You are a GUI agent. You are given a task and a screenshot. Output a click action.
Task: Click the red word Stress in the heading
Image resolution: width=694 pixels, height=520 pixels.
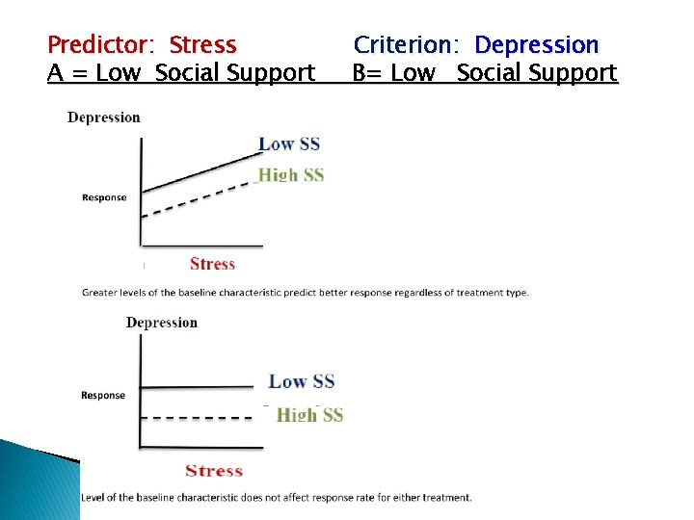(x=202, y=44)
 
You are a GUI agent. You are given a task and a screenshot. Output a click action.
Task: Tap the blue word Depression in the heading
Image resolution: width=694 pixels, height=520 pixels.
(x=537, y=44)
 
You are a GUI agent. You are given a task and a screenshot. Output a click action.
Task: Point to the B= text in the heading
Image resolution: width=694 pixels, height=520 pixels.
(x=366, y=72)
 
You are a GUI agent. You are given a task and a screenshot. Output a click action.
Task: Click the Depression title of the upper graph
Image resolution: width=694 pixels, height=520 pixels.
(x=104, y=117)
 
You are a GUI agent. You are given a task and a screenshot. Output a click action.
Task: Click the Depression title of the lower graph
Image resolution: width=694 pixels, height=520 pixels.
(x=162, y=322)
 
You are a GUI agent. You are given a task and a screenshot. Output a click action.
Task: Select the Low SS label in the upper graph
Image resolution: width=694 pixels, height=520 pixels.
(x=289, y=144)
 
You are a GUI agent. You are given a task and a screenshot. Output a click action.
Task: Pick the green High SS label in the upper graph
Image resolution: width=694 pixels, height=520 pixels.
(x=291, y=174)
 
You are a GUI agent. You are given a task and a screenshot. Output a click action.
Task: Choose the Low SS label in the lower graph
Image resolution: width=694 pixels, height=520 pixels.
(x=302, y=381)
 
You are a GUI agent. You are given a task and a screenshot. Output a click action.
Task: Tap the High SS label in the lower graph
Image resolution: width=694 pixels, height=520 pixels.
(x=309, y=415)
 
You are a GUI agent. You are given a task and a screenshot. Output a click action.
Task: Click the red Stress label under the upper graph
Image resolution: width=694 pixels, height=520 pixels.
(x=212, y=264)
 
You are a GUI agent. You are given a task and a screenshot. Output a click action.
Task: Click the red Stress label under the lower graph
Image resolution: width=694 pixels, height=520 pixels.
(x=213, y=470)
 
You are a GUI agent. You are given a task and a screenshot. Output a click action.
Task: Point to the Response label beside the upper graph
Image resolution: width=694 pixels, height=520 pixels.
(x=104, y=197)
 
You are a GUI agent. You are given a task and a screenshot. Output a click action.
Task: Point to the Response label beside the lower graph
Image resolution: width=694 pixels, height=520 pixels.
(x=103, y=395)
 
